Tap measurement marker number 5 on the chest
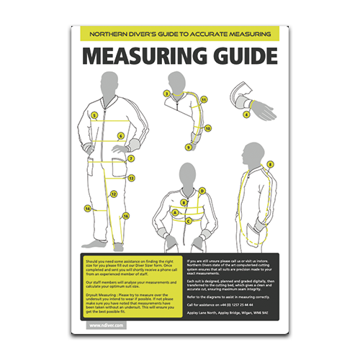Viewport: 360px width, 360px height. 94,115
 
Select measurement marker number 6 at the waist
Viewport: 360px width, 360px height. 120,135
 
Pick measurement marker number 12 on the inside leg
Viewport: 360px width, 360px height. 113,193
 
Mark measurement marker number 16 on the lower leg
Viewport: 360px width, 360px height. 125,215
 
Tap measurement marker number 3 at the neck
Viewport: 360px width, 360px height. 167,93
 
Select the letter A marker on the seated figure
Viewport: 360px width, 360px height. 175,213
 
